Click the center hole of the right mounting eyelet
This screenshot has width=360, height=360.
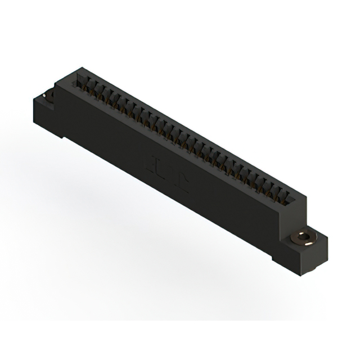[x=305, y=236]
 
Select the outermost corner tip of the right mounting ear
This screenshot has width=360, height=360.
[x=325, y=241]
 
